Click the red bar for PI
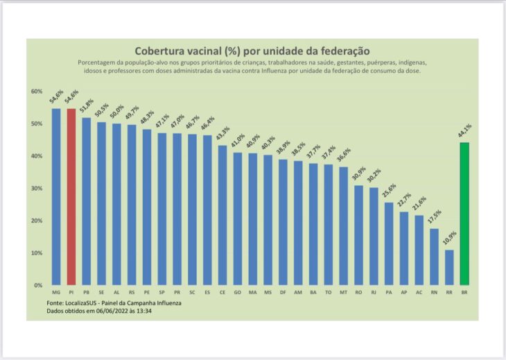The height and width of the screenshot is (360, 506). (x=71, y=197)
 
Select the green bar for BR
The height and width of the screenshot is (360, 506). (x=464, y=214)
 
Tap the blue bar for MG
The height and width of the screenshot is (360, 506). (x=56, y=197)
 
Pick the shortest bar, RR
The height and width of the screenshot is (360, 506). (x=449, y=267)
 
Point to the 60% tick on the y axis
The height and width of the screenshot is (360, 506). (x=37, y=92)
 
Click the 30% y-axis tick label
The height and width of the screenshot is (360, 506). (x=37, y=188)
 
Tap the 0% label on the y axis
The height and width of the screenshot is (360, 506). (x=38, y=285)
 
